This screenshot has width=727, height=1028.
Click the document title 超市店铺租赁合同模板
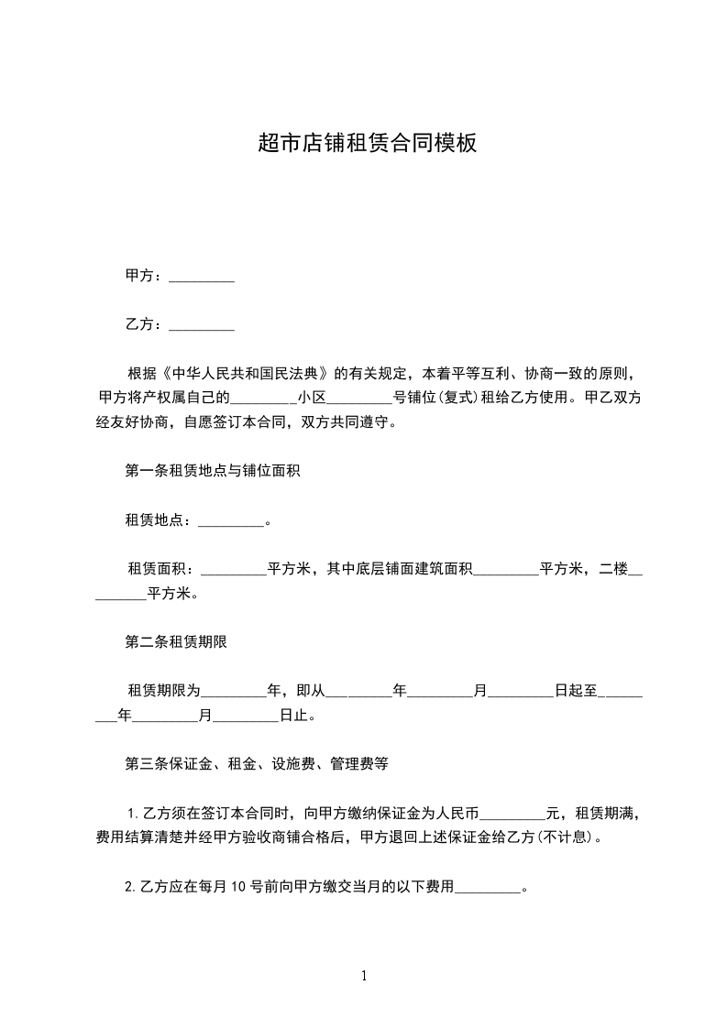(x=367, y=143)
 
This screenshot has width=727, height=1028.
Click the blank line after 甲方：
(x=203, y=276)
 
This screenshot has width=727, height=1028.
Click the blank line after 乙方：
(x=203, y=324)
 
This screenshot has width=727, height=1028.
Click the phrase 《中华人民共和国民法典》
(x=245, y=374)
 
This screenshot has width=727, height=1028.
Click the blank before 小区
(x=263, y=399)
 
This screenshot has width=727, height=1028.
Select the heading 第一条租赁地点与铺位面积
(x=214, y=472)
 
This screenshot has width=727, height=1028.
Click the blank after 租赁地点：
(x=231, y=521)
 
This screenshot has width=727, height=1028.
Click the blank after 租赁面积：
(x=233, y=570)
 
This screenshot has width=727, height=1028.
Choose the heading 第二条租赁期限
(x=176, y=643)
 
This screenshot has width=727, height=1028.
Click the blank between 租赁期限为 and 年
(x=233, y=693)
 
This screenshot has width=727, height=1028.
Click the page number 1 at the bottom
(x=364, y=976)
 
